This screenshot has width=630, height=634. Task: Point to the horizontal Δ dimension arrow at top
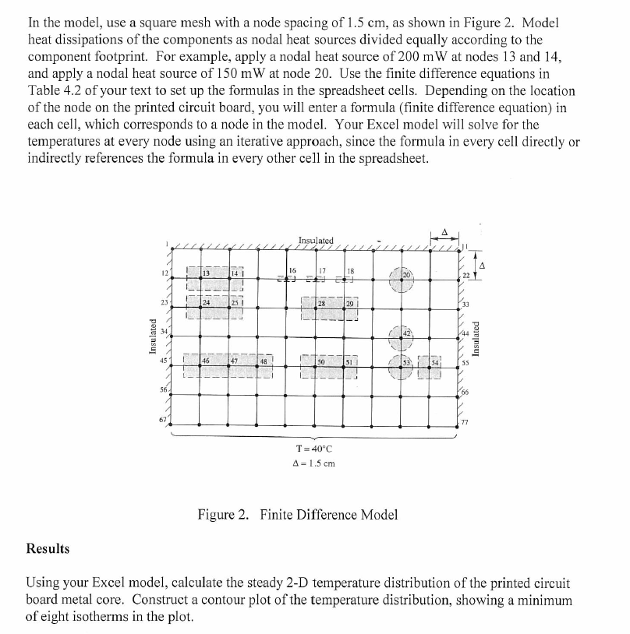pos(444,235)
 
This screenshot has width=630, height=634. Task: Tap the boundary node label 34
pos(165,332)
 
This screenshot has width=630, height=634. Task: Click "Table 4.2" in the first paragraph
pos(56,90)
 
